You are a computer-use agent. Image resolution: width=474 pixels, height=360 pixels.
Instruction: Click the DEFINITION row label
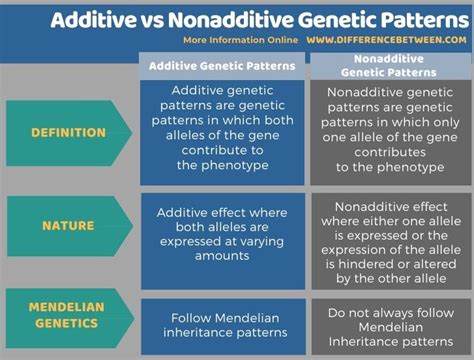(x=68, y=132)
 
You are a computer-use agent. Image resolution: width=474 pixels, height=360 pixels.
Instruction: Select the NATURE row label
(x=68, y=226)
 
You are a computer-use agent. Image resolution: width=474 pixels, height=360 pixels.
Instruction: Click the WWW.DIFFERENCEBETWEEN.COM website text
(x=384, y=40)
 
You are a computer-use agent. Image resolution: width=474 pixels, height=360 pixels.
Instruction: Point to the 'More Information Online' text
(x=239, y=40)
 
